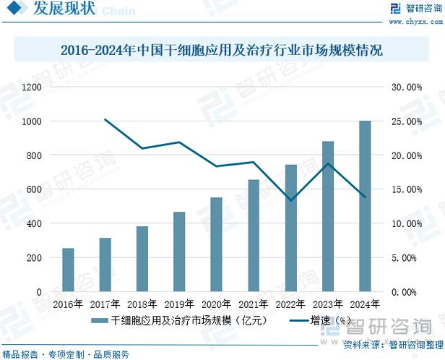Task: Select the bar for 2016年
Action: tap(69, 270)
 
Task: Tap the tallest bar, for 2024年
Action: tap(365, 206)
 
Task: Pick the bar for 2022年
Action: tap(290, 228)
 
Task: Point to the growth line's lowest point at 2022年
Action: tap(290, 200)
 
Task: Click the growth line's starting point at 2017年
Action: tap(105, 119)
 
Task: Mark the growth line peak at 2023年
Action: tap(328, 163)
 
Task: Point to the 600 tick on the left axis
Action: tap(34, 189)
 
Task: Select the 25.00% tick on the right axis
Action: tap(405, 121)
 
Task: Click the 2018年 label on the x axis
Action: tap(142, 304)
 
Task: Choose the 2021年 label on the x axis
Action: tap(254, 304)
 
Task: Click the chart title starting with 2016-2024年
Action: tap(222, 51)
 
